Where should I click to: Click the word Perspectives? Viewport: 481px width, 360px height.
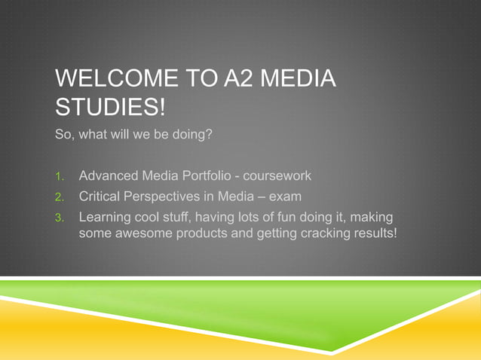pyautogui.click(x=170, y=197)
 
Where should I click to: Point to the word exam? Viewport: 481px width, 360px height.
pyautogui.click(x=286, y=197)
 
